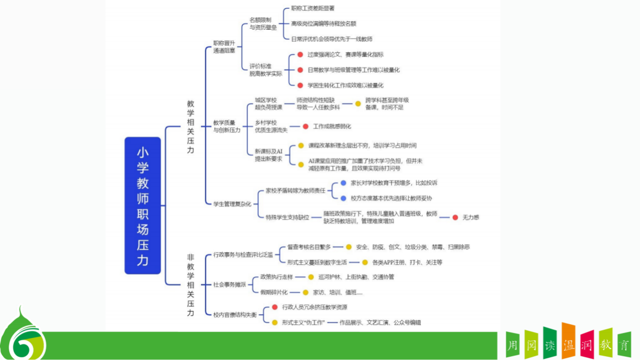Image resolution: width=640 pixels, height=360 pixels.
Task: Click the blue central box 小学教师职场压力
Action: pos(143,205)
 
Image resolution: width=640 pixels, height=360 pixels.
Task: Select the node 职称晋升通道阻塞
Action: pos(224,47)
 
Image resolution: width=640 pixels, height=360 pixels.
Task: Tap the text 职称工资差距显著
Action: pos(313,8)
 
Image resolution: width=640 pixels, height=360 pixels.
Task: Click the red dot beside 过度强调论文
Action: pos(300,54)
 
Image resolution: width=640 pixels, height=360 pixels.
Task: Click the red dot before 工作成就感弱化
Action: pos(305,126)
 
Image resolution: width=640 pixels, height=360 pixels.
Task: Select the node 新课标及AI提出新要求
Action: pos(268,155)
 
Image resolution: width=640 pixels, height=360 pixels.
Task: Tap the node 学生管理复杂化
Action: pos(232,204)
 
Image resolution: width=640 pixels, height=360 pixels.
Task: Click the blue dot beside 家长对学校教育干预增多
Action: pos(343,183)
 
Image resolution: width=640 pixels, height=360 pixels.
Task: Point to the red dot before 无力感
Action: pos(455,217)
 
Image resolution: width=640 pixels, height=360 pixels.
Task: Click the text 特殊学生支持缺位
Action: pos(287,217)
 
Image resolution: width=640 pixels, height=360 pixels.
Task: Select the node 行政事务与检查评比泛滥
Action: pos(243,255)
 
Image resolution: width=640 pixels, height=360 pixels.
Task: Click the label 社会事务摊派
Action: pos(230,285)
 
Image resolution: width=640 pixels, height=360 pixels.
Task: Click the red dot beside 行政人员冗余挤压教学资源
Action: pos(274,307)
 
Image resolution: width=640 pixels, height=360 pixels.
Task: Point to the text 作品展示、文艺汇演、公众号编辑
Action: pos(380,323)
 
